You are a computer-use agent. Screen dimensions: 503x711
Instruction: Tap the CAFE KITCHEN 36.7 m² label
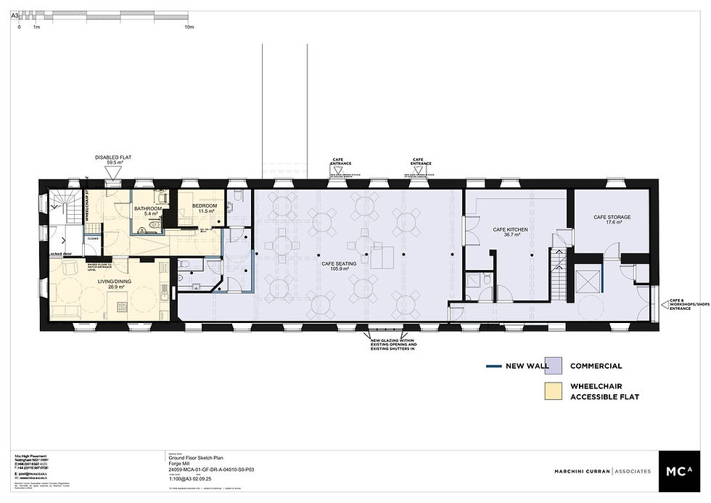(510, 232)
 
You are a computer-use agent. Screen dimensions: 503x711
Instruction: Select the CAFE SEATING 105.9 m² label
(336, 266)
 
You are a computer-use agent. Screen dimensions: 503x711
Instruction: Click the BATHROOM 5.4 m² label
(147, 210)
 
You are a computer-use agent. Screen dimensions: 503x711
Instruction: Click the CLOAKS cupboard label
(93, 238)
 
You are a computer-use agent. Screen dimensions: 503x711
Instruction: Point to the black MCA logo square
(680, 470)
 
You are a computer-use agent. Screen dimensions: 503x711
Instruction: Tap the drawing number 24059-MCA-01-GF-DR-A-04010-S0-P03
(211, 470)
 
